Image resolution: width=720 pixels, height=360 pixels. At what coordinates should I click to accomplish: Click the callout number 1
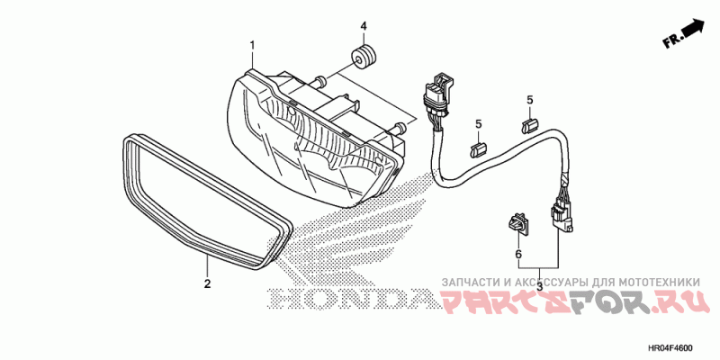(x=253, y=45)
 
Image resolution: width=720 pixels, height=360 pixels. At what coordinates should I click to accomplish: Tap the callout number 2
(x=207, y=284)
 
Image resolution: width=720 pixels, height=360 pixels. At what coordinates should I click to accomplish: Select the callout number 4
(x=364, y=24)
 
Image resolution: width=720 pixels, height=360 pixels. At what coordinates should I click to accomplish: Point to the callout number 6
(x=518, y=255)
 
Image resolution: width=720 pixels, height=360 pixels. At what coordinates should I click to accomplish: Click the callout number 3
(x=539, y=285)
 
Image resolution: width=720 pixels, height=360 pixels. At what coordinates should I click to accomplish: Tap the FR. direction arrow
(x=683, y=33)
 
